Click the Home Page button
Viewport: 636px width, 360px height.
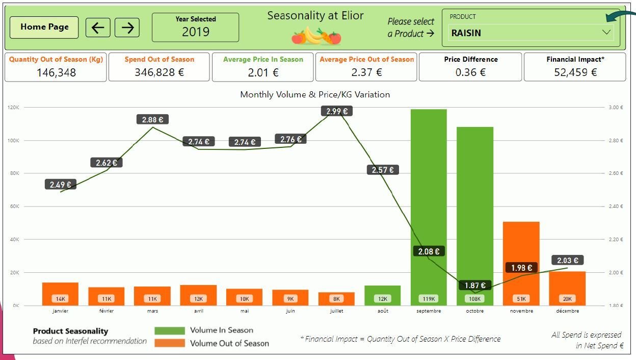coord(44,28)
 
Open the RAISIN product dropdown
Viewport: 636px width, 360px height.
coord(606,32)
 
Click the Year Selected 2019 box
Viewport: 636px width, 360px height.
coord(196,28)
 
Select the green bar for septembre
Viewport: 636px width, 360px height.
coord(429,204)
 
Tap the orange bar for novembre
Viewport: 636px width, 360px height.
coord(521,260)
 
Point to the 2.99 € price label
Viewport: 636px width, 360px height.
coord(336,111)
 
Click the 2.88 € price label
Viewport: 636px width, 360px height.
coord(152,120)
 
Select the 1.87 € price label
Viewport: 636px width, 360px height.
coord(475,286)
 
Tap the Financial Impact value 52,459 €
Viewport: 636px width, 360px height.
coord(575,72)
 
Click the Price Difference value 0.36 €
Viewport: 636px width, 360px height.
coord(470,72)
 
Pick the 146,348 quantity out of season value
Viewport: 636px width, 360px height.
coord(56,72)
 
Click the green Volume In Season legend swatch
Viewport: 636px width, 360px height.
coord(170,330)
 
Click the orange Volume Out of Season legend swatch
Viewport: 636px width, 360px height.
coord(170,343)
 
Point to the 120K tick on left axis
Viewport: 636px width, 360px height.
coord(14,108)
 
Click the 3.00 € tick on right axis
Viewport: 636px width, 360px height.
coord(615,108)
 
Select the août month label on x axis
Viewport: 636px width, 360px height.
coord(383,311)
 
